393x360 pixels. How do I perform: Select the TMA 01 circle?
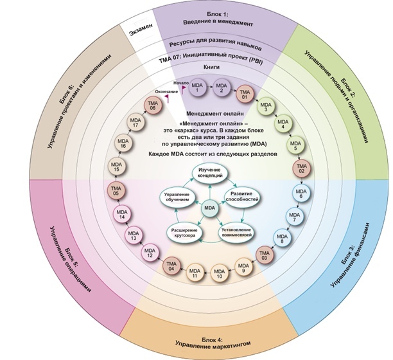[x=244, y=96]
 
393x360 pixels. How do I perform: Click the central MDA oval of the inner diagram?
[x=209, y=208]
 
